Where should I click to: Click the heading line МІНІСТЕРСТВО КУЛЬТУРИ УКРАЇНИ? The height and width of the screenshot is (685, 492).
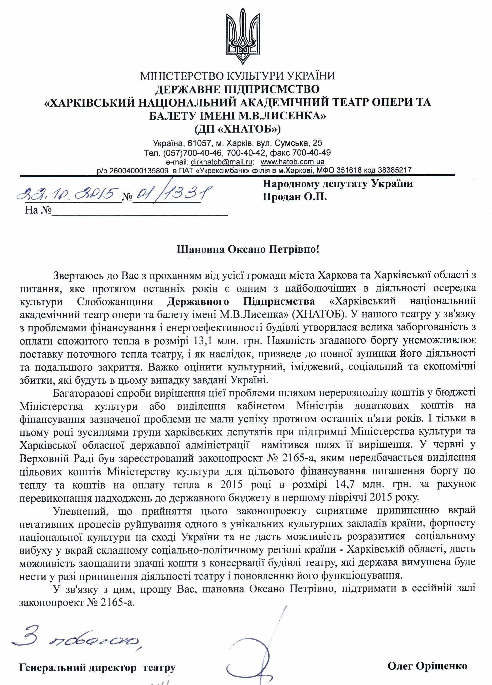point(237,75)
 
